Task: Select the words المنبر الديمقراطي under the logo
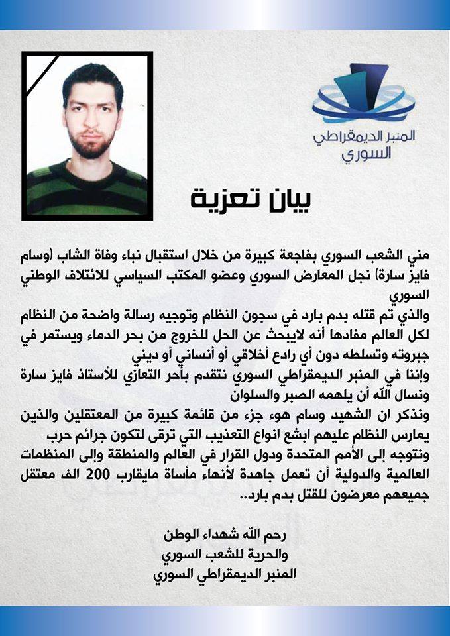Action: [x=361, y=138]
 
